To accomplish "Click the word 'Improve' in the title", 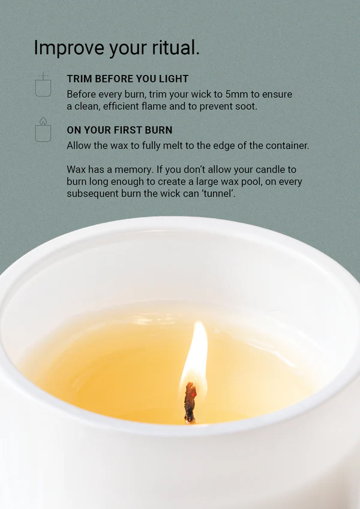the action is pos(69,48).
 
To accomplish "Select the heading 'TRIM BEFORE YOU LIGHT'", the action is pos(128,79).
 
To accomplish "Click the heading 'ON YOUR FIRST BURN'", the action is pos(119,130).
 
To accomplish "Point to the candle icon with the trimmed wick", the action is pos(43,85).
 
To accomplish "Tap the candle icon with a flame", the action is pos(43,129).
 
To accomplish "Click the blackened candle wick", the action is pos(190,402).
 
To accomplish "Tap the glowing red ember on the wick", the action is pos(194,394).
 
